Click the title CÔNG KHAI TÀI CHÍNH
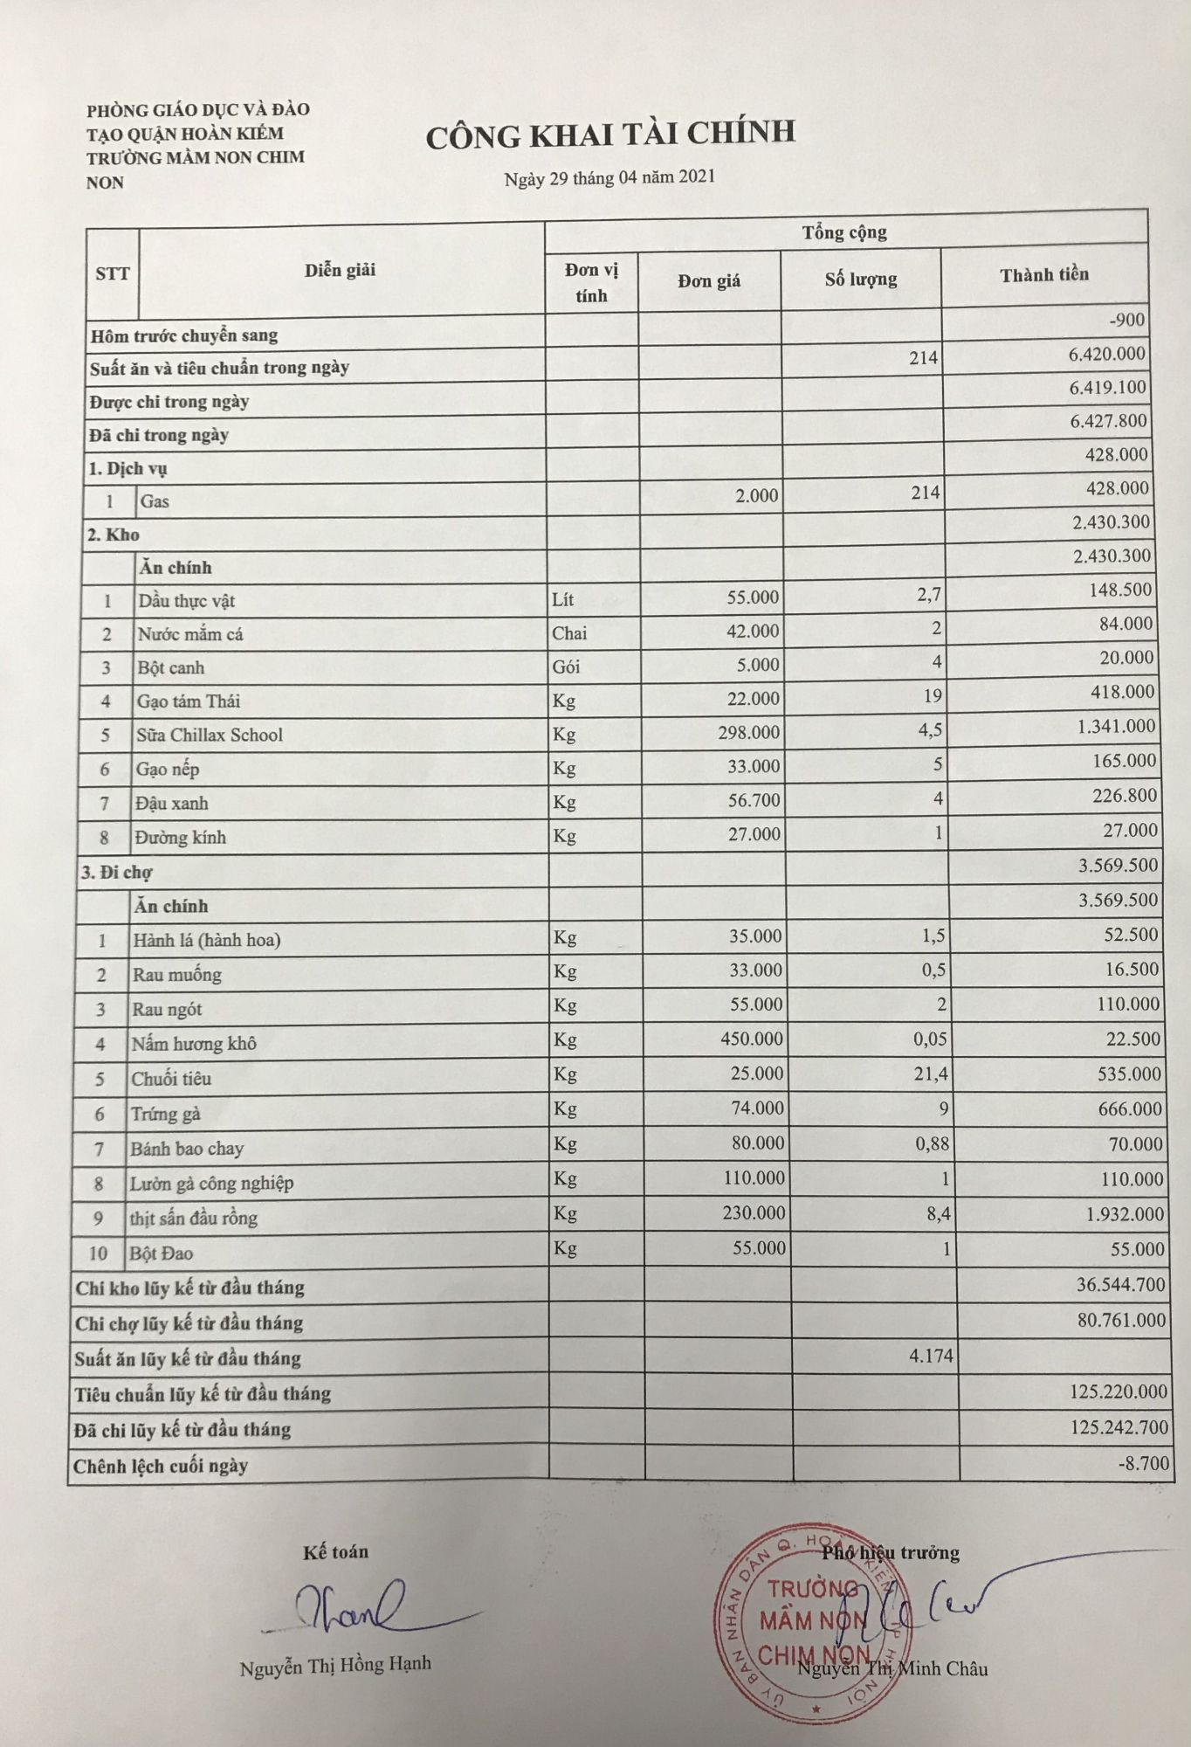[610, 134]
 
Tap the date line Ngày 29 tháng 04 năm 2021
[609, 177]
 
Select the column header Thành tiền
[1044, 275]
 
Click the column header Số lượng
[861, 280]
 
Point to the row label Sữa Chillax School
[210, 735]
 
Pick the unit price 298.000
[749, 732]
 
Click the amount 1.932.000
[1125, 1214]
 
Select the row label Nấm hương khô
[194, 1044]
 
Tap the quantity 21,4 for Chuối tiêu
[931, 1074]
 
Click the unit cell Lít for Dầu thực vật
[563, 599]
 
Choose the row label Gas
[155, 501]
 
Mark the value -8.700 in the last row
[1143, 1463]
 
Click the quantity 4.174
[931, 1357]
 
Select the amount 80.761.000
[1121, 1320]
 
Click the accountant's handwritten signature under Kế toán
[349, 1610]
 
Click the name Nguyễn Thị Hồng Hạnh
[335, 1665]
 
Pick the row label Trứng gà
[166, 1114]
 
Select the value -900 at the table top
[1126, 320]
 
